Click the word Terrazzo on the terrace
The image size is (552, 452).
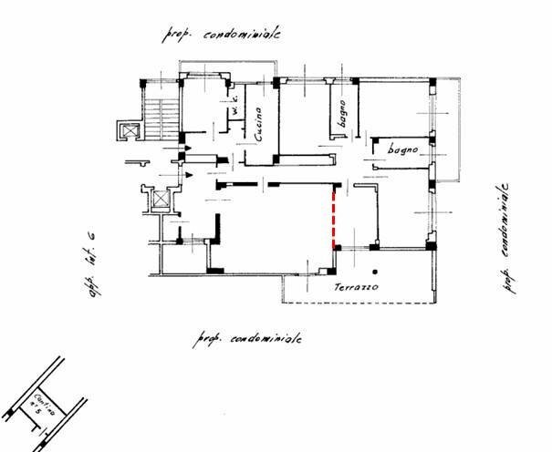pos(355,287)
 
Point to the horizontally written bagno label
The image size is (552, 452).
pos(401,149)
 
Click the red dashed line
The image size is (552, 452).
pos(335,217)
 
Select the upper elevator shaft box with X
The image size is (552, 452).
pos(130,130)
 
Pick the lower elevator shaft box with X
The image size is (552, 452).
pos(161,200)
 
